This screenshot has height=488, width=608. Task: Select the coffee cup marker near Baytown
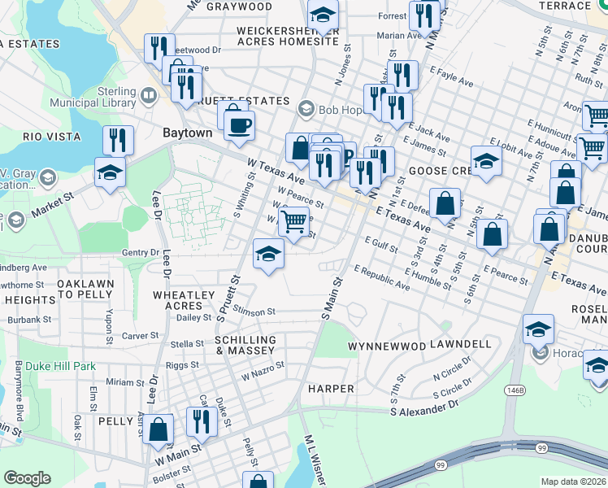[239, 125]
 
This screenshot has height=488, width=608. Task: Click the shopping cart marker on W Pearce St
[293, 220]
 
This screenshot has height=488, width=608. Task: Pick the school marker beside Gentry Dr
[268, 254]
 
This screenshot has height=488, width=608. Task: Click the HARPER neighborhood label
[331, 389]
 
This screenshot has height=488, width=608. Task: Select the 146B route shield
[516, 390]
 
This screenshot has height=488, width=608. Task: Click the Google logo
[27, 478]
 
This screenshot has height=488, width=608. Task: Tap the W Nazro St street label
[263, 372]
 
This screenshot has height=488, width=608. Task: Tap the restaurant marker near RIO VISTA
[118, 141]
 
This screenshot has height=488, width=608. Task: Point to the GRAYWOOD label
[239, 7]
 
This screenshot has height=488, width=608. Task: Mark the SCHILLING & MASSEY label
[245, 345]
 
